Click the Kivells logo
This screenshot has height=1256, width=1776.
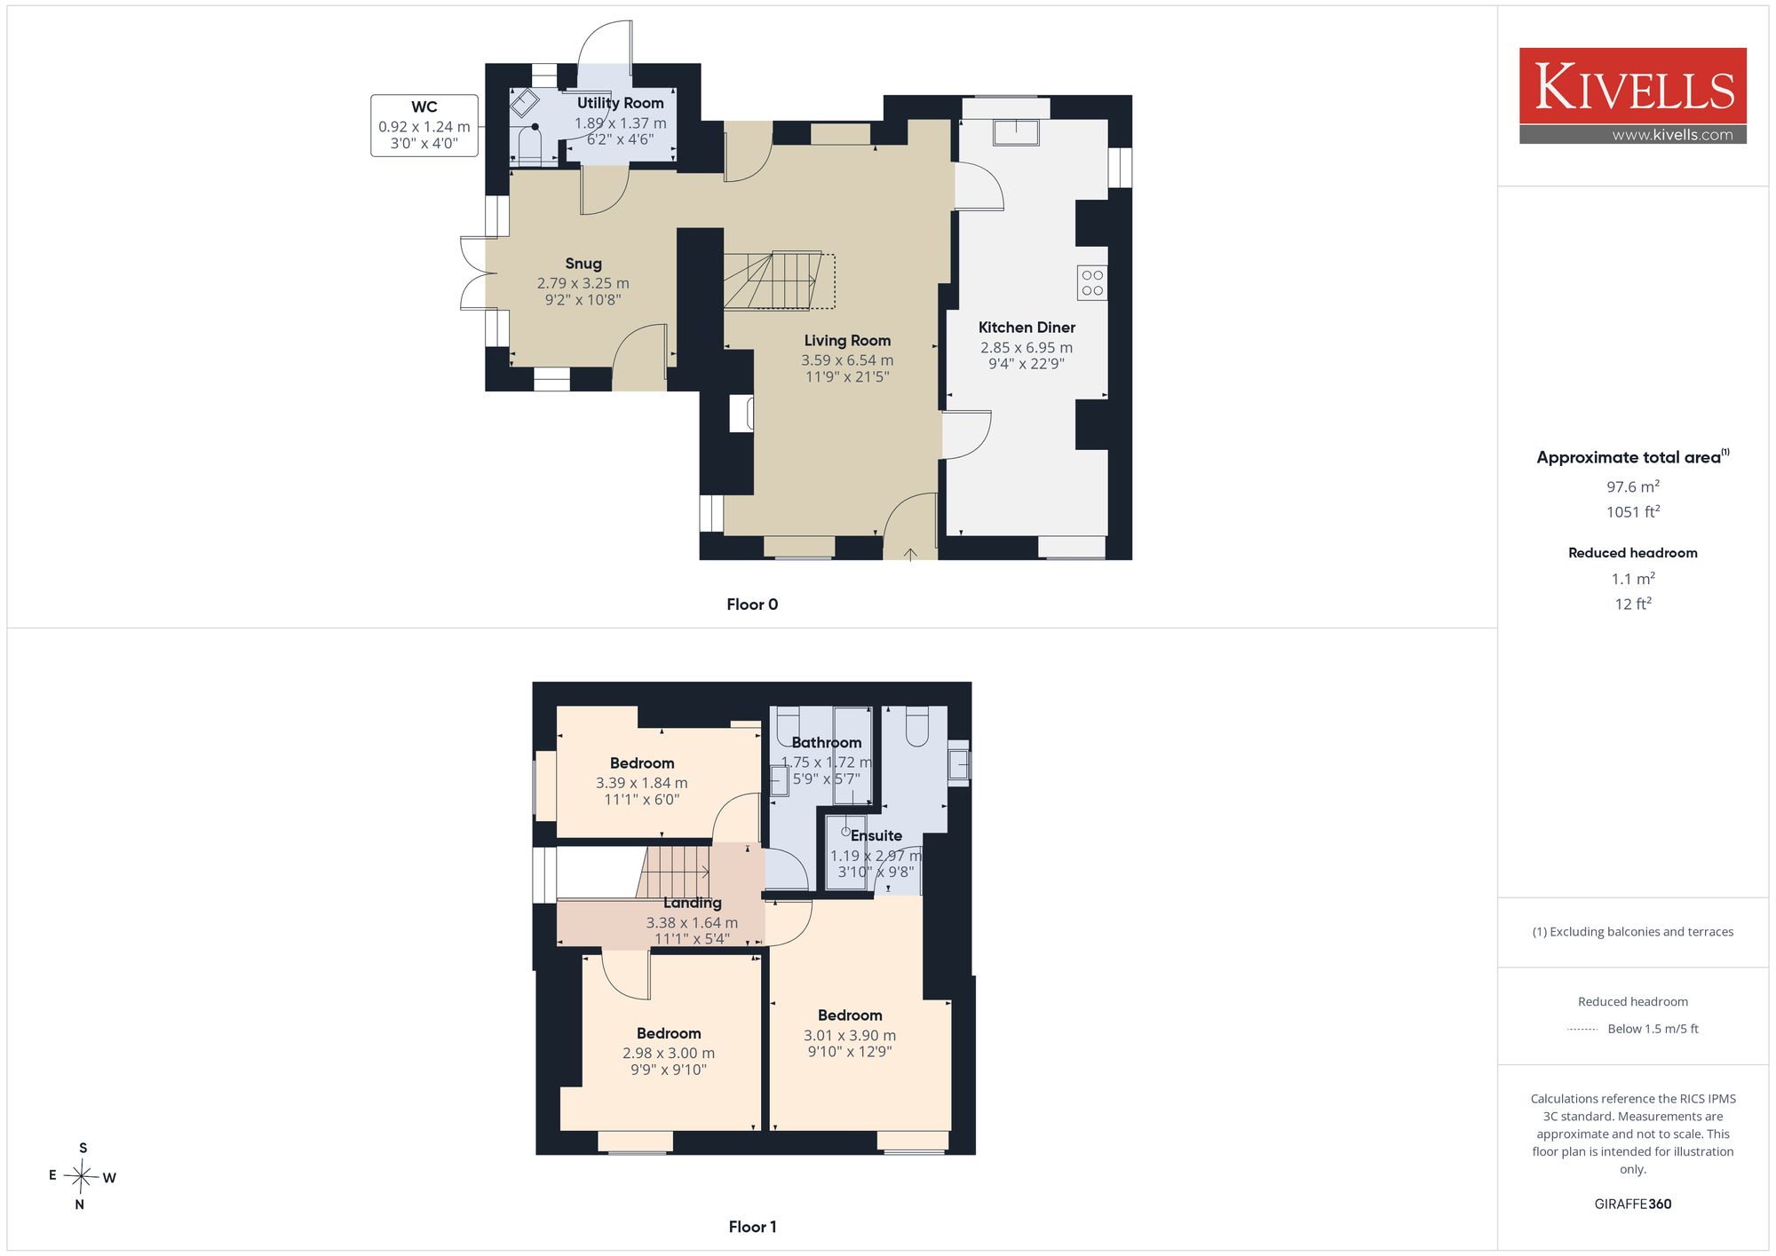click(1632, 96)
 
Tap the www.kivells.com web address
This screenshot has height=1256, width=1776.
click(1672, 135)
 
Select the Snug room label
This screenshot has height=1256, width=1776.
click(583, 264)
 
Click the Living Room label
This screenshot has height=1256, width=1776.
click(847, 341)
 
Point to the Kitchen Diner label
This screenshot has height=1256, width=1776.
click(1027, 328)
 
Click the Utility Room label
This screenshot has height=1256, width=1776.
click(620, 103)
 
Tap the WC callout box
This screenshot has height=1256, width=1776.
click(424, 125)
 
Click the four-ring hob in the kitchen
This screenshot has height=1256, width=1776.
click(1092, 283)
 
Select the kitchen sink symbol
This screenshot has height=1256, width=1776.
click(1016, 132)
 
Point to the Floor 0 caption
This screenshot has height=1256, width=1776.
click(752, 604)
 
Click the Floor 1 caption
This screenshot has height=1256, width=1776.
click(752, 1227)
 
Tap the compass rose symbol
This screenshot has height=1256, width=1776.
click(82, 1177)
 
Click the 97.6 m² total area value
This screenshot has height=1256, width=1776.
click(1633, 486)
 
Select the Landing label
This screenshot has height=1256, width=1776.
click(693, 903)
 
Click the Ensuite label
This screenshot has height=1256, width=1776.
click(876, 835)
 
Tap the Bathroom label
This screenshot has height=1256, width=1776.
click(827, 742)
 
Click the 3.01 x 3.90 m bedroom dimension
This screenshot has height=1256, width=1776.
click(850, 1036)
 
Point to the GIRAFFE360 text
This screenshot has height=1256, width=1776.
click(1633, 1205)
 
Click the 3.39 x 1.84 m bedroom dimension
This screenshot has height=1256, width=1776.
click(642, 783)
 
